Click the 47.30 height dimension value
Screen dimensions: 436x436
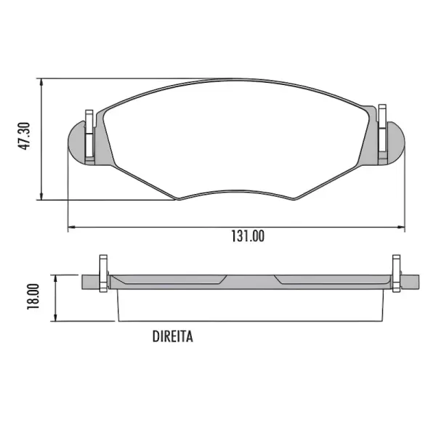coord(24,137)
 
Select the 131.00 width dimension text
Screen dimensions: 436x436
coord(248,237)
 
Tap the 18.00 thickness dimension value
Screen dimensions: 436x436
coord(32,297)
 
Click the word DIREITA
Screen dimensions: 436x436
coord(172,336)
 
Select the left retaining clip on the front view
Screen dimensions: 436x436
coord(89,135)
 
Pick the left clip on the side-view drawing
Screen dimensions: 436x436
coord(102,272)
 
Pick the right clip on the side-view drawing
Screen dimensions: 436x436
coord(396,273)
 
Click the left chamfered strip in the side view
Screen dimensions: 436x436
coord(169,279)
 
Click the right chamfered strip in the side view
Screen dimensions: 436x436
coord(331,279)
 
